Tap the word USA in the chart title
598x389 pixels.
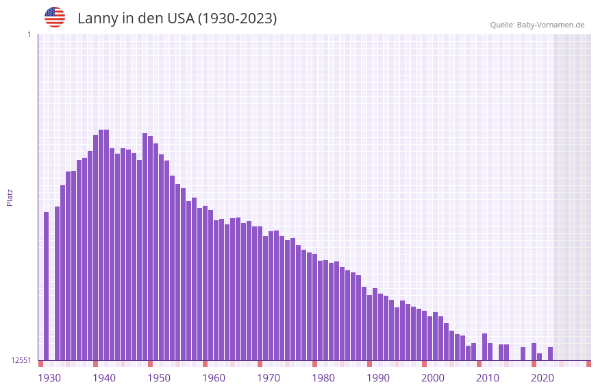coord(181,19)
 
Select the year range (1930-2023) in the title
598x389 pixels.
coord(237,19)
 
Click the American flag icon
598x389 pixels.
coord(55,17)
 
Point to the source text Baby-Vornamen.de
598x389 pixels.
coord(550,25)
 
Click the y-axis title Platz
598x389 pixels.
coord(10,197)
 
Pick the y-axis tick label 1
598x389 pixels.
coord(29,34)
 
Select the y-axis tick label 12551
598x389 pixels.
coord(21,360)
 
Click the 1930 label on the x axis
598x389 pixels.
coord(49,378)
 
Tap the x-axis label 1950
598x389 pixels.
coord(159,378)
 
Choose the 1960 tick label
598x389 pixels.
coord(214,378)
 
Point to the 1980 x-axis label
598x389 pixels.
coord(323,378)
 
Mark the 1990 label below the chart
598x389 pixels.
coord(378,378)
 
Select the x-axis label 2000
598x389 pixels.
coord(433,378)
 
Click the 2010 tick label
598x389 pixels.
coord(488,378)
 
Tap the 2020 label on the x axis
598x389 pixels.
coord(543,378)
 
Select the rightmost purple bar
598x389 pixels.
coord(550,354)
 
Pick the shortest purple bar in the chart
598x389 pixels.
coord(540,357)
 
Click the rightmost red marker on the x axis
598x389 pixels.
coord(588,364)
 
